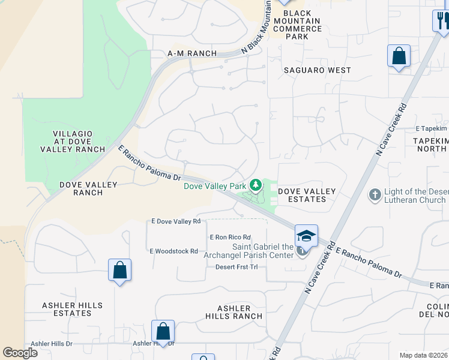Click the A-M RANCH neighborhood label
click(x=191, y=53)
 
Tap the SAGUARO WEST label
click(x=317, y=70)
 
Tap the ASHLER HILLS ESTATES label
click(x=67, y=309)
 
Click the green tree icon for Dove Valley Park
click(x=256, y=185)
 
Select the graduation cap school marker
click(x=306, y=235)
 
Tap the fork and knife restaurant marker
click(x=441, y=21)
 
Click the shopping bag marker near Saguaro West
click(x=399, y=56)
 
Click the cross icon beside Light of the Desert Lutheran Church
click(x=375, y=194)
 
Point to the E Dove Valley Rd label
click(x=176, y=221)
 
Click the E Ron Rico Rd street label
click(x=230, y=238)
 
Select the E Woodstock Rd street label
click(x=173, y=251)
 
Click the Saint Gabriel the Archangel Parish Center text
click(x=263, y=251)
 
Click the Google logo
click(x=20, y=353)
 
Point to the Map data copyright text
click(x=424, y=355)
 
